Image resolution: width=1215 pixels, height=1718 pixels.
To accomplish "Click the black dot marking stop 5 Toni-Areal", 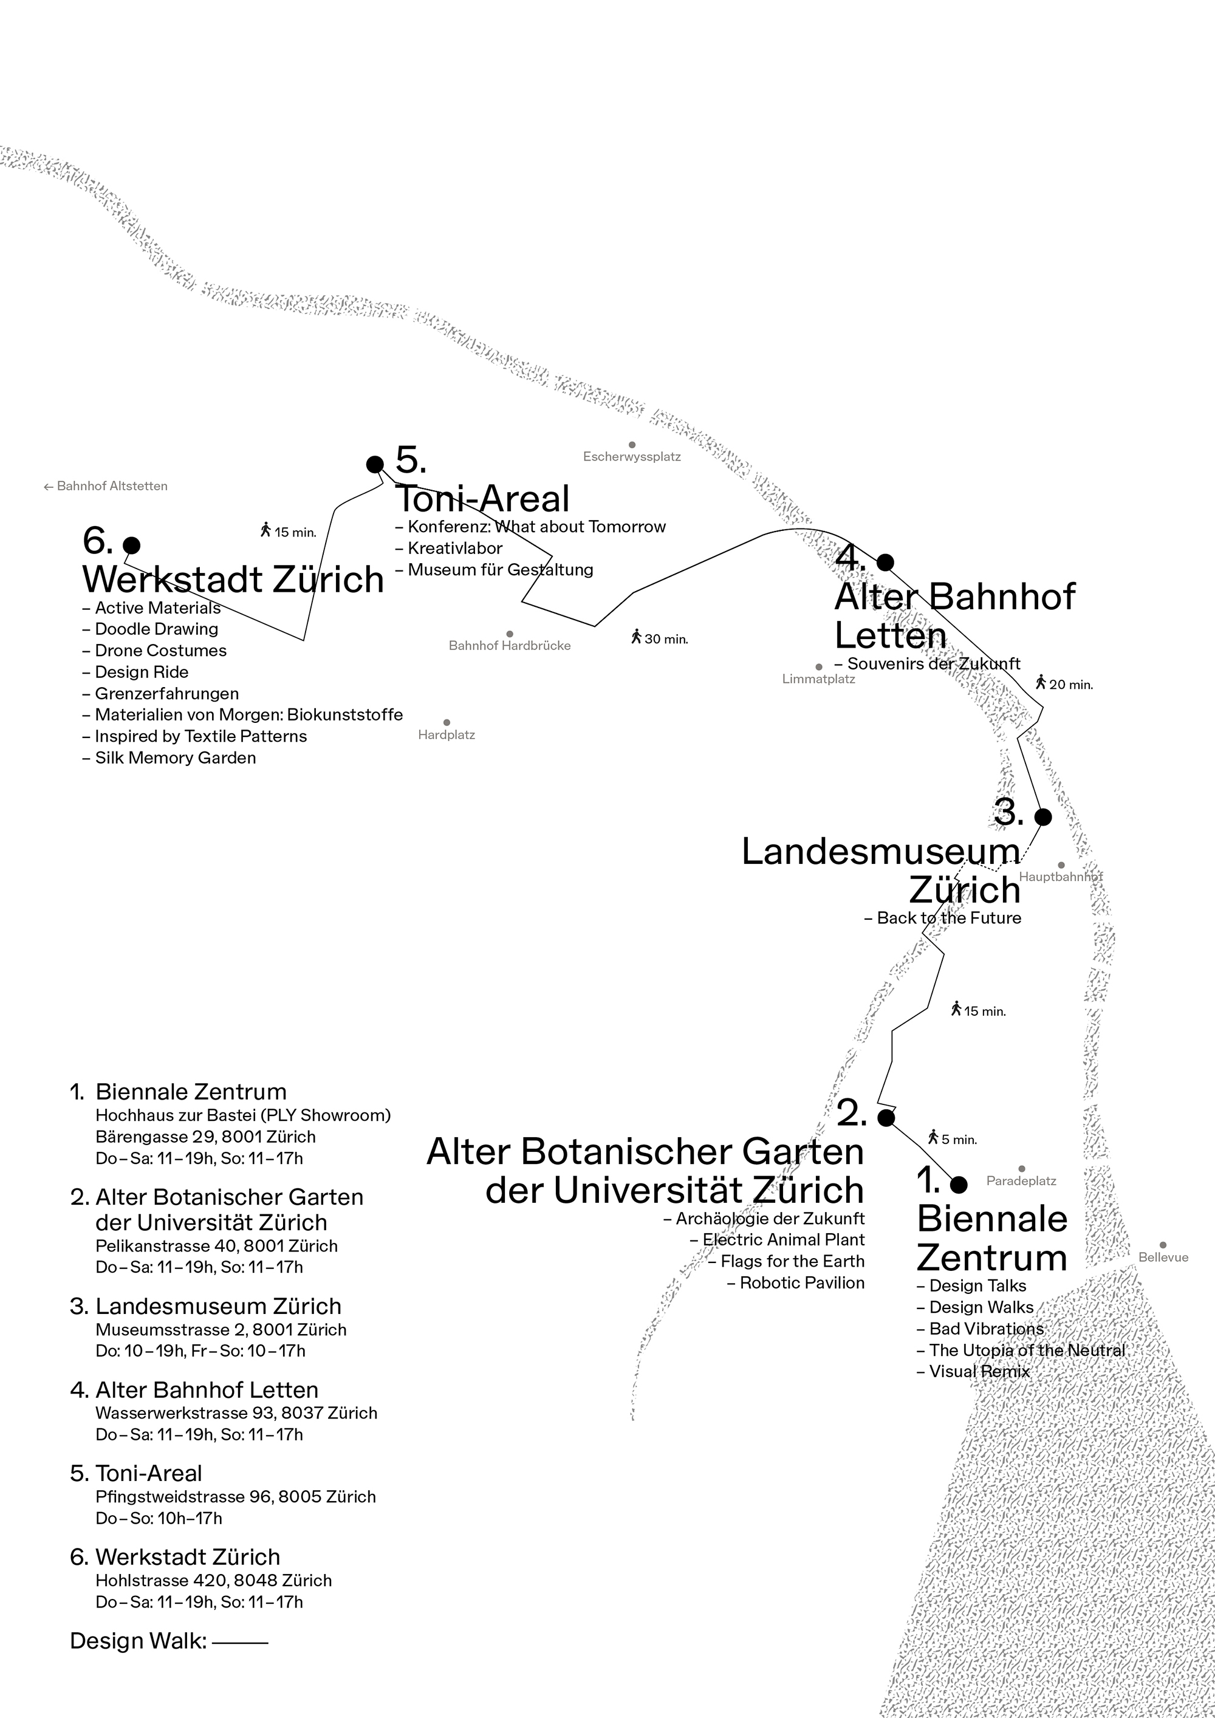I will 375,465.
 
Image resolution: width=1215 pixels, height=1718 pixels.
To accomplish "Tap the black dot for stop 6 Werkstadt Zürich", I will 132,545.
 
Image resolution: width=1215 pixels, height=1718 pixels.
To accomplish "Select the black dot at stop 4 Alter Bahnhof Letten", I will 885,562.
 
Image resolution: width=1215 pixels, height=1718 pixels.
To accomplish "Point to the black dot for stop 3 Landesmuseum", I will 1043,816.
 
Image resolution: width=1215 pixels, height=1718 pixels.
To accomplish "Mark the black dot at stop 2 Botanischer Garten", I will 886,1118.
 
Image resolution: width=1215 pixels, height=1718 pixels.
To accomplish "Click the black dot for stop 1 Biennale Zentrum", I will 959,1185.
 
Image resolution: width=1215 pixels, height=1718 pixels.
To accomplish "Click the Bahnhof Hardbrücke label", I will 510,646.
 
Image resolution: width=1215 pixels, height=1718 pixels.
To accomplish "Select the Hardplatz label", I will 447,735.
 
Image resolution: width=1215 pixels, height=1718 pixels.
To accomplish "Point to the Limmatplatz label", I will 818,679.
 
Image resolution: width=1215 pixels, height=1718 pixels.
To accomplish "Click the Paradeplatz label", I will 1021,1181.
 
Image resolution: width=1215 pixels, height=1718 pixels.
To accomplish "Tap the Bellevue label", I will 1163,1257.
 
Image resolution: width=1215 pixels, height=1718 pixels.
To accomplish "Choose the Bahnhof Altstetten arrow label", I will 106,487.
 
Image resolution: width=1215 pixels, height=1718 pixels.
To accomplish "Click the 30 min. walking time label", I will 660,639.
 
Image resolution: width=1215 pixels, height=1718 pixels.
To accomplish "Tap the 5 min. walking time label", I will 953,1139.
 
